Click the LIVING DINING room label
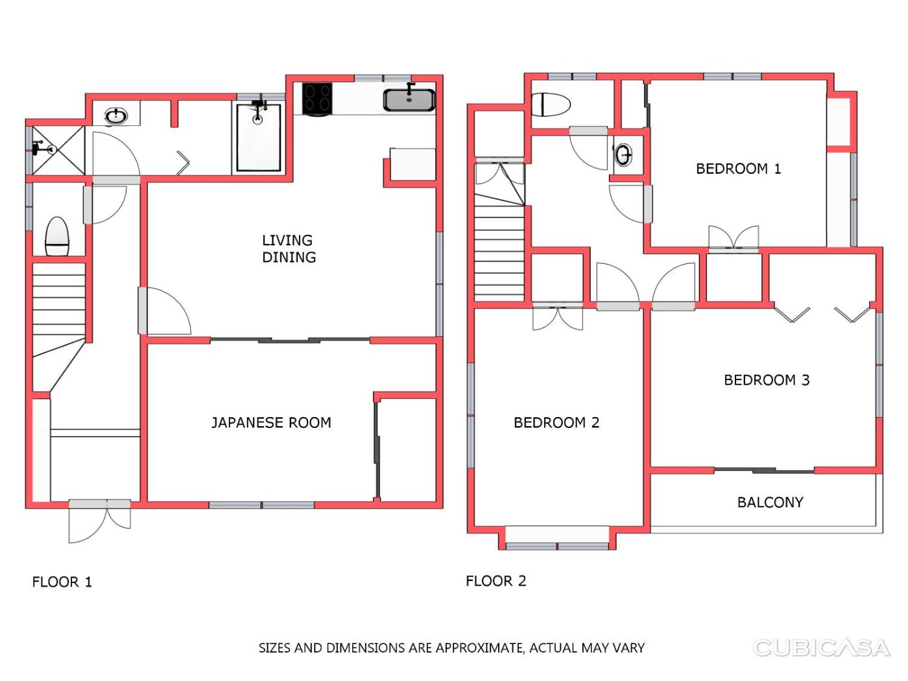(x=289, y=248)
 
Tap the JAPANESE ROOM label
(x=271, y=423)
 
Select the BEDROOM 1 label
(x=738, y=169)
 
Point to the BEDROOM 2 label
(x=556, y=423)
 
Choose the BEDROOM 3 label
(x=767, y=380)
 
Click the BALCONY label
(x=771, y=503)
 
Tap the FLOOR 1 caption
(x=62, y=582)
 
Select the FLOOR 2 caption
(x=496, y=581)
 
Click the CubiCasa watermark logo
(x=821, y=648)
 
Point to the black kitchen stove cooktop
(x=317, y=99)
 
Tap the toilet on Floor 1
(x=56, y=237)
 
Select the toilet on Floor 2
(x=551, y=104)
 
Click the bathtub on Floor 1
(x=259, y=137)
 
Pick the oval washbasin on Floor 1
(x=116, y=116)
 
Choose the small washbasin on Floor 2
(x=623, y=154)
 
